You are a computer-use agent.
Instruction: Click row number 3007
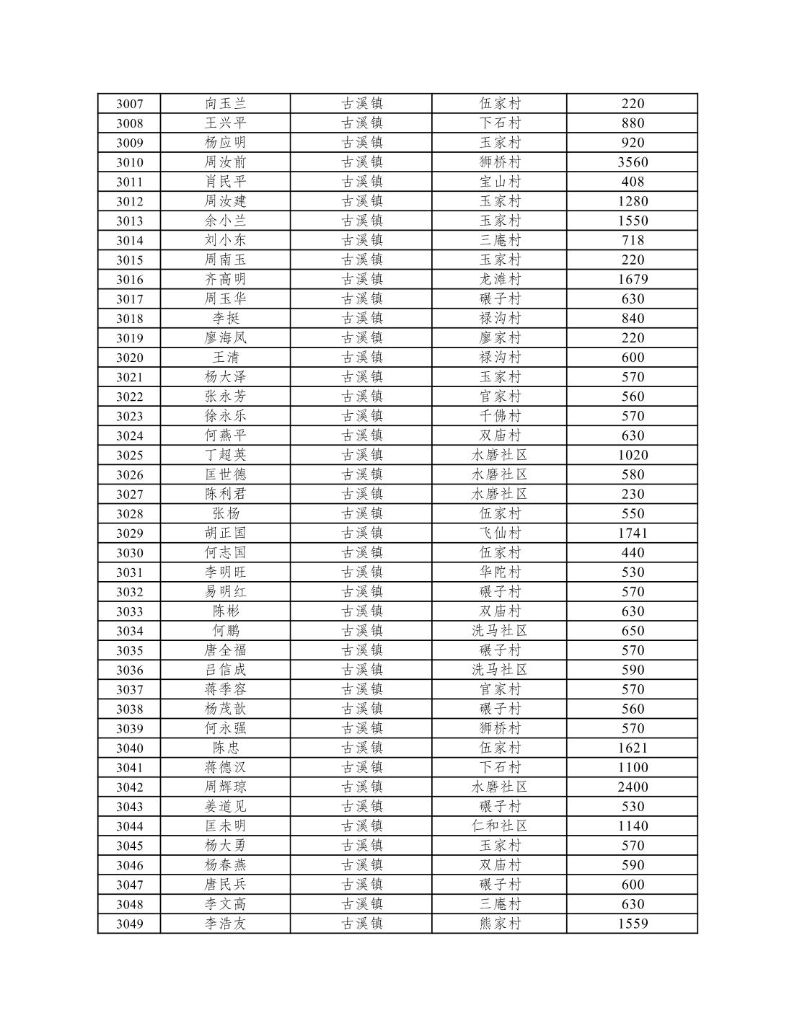(129, 104)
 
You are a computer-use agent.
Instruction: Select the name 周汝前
(225, 162)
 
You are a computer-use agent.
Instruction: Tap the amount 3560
(633, 162)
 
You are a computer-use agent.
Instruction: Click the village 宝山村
(499, 182)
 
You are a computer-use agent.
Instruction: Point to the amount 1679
(633, 279)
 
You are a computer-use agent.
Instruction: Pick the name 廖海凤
(225, 337)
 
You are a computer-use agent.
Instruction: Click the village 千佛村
(499, 416)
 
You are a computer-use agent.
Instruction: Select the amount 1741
(633, 533)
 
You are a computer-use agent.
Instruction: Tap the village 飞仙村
(499, 533)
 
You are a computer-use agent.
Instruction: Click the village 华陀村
(499, 572)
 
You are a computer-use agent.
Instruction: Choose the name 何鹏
(225, 631)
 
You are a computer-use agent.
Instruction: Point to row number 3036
(129, 671)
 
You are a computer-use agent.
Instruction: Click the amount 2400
(633, 787)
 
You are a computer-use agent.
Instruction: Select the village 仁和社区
(499, 826)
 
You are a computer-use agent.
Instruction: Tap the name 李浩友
(225, 924)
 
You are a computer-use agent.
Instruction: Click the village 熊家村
(499, 924)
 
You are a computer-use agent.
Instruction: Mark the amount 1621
(633, 748)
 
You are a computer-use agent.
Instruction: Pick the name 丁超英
(225, 455)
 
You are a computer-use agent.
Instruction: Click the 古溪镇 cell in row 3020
(361, 358)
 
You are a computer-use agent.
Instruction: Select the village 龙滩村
(499, 279)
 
